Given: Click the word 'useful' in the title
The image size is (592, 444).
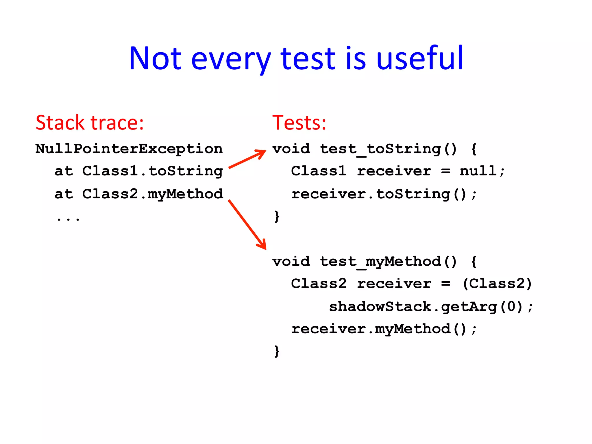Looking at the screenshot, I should click(420, 59).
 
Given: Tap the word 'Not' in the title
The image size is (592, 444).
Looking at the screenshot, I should click(155, 59).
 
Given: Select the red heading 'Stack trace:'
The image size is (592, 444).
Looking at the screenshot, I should click(90, 123).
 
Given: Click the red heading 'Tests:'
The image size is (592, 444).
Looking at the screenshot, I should click(299, 123).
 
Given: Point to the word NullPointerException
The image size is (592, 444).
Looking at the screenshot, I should click(129, 149).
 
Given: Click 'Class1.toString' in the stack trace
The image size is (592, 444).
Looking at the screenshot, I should click(153, 171).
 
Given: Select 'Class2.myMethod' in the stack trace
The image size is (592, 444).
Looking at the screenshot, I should click(153, 194).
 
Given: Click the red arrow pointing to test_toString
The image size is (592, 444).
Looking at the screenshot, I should click(247, 159).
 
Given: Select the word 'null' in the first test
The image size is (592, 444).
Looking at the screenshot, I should click(478, 171).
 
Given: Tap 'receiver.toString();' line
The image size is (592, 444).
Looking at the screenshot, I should click(384, 194).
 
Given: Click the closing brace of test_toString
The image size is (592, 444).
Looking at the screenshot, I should click(277, 216).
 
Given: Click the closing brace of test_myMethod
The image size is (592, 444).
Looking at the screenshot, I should click(277, 351).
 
